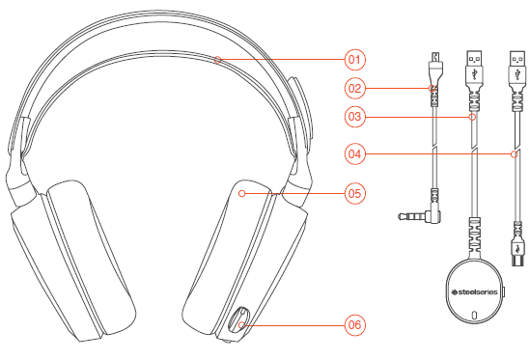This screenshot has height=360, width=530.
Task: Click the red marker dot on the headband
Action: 218,60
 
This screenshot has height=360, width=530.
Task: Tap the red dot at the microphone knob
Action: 243,325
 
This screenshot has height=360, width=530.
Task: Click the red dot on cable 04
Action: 515,152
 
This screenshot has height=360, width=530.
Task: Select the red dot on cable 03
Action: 472,117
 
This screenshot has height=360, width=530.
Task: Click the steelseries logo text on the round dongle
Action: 472,288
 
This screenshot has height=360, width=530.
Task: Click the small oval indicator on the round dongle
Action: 472,315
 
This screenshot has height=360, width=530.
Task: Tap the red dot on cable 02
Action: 433,90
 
